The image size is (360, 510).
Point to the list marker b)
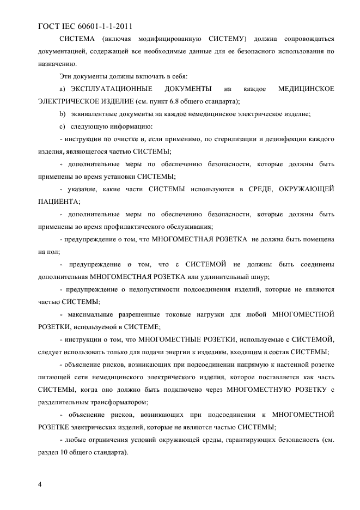(62, 113)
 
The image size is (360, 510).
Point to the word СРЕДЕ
(256, 189)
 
